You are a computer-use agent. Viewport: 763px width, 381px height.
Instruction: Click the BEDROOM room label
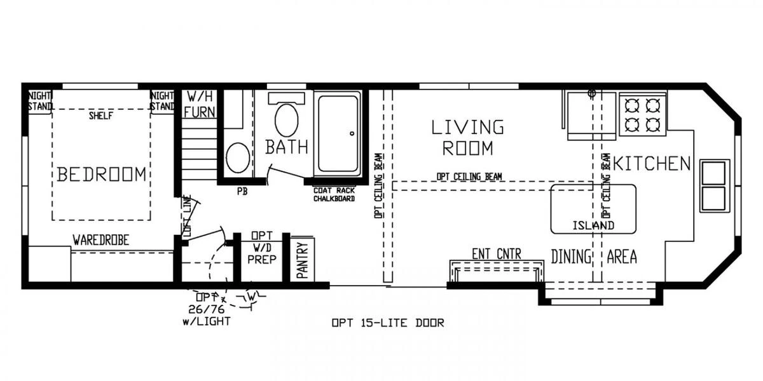pos(102,174)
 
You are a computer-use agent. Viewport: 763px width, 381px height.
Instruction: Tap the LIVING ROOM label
pos(467,137)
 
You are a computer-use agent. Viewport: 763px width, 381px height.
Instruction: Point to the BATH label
pos(287,147)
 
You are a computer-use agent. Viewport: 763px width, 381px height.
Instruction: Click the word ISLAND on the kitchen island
pos(593,225)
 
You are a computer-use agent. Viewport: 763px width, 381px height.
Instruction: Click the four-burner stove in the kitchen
pos(642,114)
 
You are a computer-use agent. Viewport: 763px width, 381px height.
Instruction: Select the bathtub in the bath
pos(339,133)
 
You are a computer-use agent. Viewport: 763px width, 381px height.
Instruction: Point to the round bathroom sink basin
pos(238,157)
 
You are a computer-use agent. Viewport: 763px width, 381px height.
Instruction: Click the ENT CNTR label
pos(496,255)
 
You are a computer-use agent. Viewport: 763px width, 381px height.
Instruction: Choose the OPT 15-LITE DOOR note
pos(388,323)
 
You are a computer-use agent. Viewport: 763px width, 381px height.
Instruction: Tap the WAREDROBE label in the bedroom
pos(100,241)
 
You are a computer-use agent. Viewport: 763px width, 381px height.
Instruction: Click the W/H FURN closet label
pos(200,105)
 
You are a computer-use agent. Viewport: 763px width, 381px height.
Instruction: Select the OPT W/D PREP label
pos(261,247)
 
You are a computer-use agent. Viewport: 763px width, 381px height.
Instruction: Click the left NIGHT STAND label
pos(39,101)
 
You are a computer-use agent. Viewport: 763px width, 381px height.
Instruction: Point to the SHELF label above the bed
pos(101,116)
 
